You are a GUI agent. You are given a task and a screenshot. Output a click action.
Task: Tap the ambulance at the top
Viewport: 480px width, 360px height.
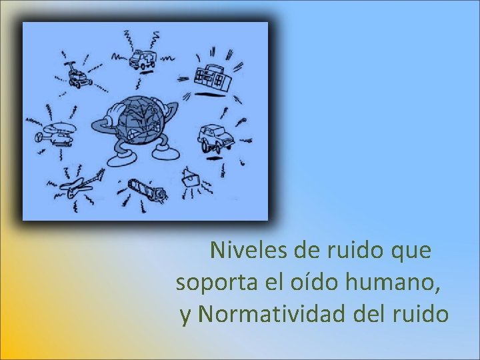pyautogui.click(x=142, y=59)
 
